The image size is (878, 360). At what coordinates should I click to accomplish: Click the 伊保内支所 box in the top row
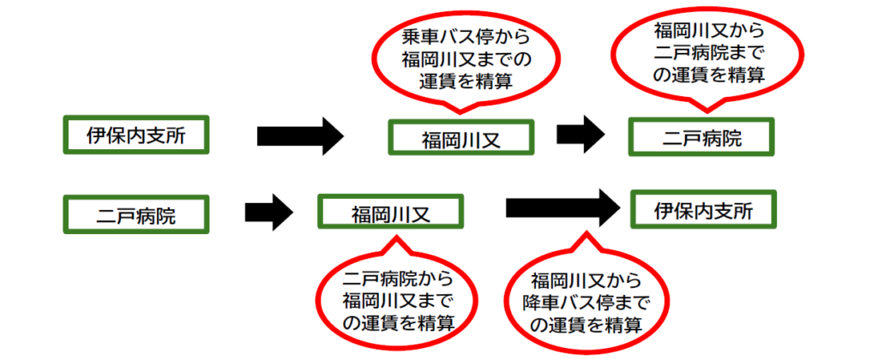coord(135,135)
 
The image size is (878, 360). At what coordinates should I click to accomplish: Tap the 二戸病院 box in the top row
coord(702,137)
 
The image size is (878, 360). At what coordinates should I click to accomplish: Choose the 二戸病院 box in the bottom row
coord(135,213)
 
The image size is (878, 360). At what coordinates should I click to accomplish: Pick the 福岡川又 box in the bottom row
coord(390,213)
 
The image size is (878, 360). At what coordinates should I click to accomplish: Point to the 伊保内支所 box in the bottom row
coord(704,210)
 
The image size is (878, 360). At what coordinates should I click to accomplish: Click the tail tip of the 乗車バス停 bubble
coord(461,112)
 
